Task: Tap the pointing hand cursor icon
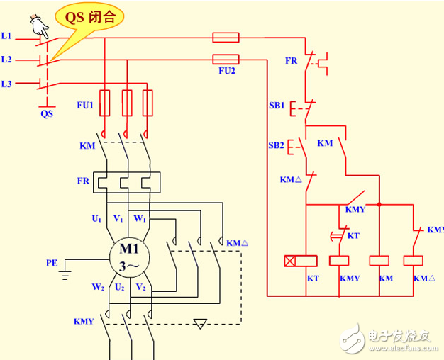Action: pyautogui.click(x=38, y=27)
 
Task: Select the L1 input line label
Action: pyautogui.click(x=6, y=35)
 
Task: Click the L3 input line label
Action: pyautogui.click(x=6, y=84)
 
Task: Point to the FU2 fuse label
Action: pyautogui.click(x=226, y=72)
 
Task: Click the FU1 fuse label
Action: pyautogui.click(x=85, y=106)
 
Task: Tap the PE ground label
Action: pyautogui.click(x=52, y=263)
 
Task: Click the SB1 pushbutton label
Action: pyautogui.click(x=276, y=105)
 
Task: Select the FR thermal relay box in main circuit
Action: pyautogui.click(x=128, y=181)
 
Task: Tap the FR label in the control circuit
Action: pyautogui.click(x=292, y=61)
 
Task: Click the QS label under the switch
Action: pyautogui.click(x=47, y=113)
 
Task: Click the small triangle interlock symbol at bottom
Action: pyautogui.click(x=201, y=324)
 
